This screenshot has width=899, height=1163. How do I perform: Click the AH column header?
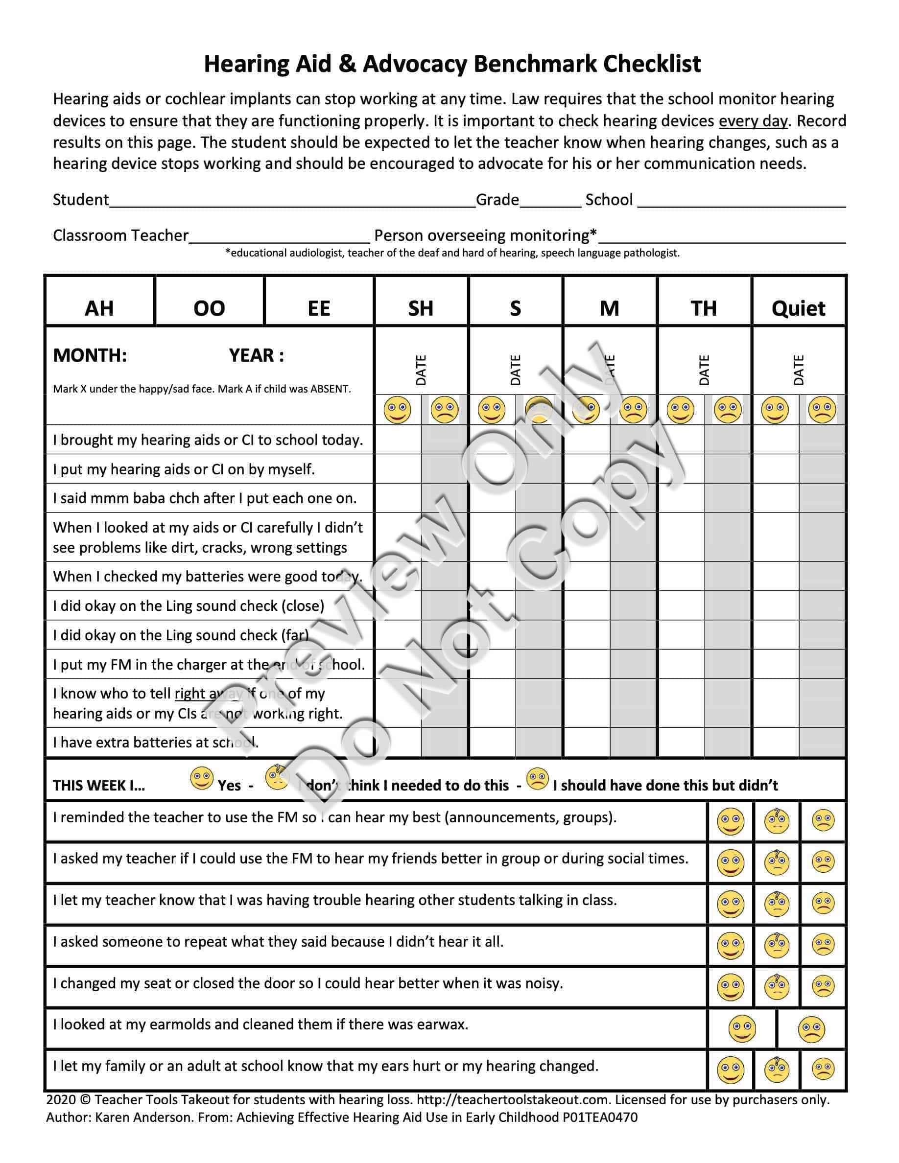(x=99, y=308)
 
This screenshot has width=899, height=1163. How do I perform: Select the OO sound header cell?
(x=209, y=308)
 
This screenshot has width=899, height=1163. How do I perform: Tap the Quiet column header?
(x=798, y=308)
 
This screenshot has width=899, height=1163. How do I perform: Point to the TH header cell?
(x=704, y=308)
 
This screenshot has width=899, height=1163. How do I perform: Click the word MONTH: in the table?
(x=90, y=355)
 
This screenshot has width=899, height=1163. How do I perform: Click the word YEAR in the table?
(x=251, y=355)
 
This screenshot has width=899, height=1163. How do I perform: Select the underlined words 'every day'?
(x=753, y=121)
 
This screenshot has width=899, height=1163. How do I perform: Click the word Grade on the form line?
(x=497, y=200)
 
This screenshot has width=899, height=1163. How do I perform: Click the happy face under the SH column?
(x=397, y=410)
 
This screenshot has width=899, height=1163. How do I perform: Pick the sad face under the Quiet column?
(x=822, y=410)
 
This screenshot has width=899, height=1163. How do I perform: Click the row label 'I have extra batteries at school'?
(x=156, y=743)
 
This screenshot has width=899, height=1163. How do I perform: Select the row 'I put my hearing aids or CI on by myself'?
(x=184, y=469)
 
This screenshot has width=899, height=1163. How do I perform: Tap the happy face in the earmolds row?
(x=741, y=1029)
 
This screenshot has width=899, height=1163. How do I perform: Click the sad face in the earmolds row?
(x=811, y=1029)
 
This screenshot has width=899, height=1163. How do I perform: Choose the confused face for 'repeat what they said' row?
(x=777, y=945)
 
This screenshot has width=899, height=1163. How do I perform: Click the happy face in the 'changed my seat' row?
(x=730, y=987)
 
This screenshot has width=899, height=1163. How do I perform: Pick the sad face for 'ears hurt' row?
(x=823, y=1070)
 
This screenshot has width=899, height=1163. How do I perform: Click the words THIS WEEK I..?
(x=98, y=786)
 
